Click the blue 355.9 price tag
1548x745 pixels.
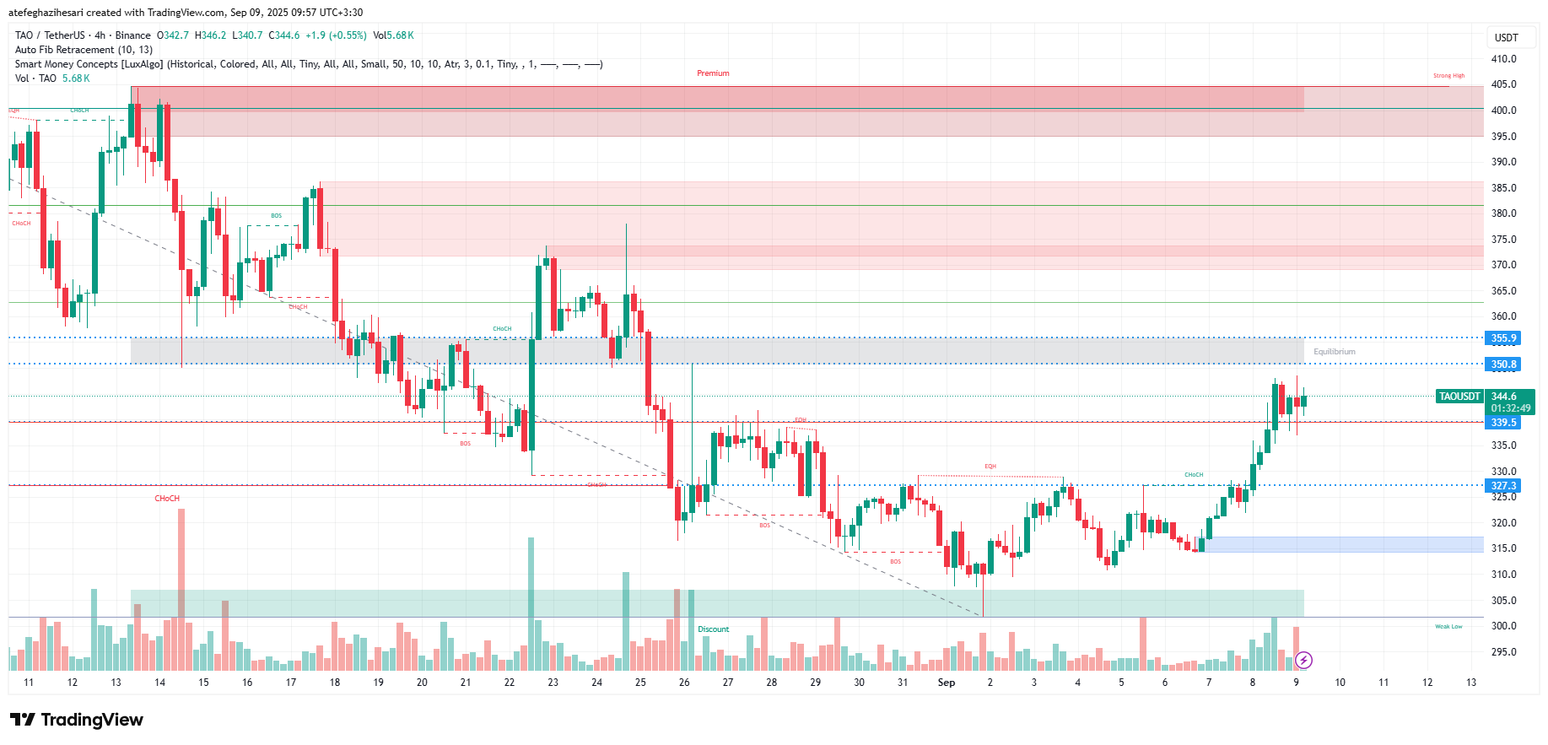[x=1502, y=338]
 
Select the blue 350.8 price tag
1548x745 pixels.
[x=1502, y=364]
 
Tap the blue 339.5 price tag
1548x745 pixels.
[x=1502, y=423]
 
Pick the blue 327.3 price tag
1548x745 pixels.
[x=1502, y=486]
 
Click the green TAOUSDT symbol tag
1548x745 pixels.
[x=1459, y=397]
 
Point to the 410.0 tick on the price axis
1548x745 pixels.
[x=1503, y=59]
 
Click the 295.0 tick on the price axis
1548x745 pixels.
[x=1503, y=652]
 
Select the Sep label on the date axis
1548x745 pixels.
[x=947, y=683]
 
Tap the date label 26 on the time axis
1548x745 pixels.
[x=684, y=683]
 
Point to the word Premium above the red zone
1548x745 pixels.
[x=713, y=73]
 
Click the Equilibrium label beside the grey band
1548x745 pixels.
[x=1334, y=352]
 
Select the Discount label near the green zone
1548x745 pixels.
[x=713, y=629]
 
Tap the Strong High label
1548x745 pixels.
[x=1448, y=76]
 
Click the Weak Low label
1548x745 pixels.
[x=1448, y=627]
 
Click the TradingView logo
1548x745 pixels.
[x=77, y=720]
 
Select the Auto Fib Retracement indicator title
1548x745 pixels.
[x=84, y=50]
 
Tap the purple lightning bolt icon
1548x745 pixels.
[x=1303, y=660]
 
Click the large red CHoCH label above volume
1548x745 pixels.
[x=167, y=499]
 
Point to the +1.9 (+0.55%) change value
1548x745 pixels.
[x=336, y=35]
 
